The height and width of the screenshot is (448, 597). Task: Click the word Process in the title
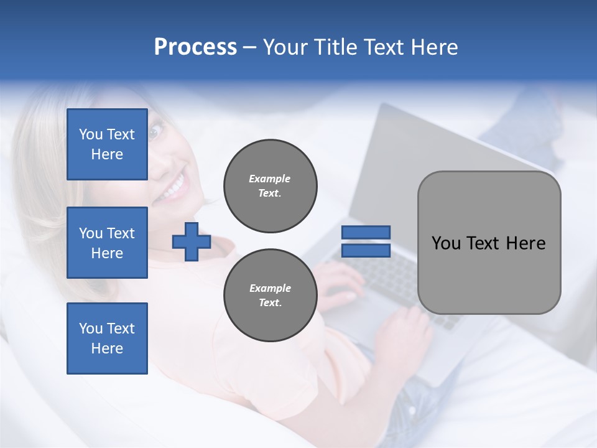point(195,47)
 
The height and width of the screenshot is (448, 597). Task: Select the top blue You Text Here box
point(107,144)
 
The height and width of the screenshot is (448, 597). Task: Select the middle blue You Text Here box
point(107,243)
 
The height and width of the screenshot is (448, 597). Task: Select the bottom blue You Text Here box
point(107,338)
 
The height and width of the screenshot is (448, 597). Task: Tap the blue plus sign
point(192,241)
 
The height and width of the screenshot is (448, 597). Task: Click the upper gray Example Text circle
point(271,185)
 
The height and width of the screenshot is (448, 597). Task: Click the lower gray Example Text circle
point(271,295)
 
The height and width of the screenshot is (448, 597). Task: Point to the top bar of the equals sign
point(366,232)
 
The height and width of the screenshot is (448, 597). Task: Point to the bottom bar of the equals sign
point(366,250)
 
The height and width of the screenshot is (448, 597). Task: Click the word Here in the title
point(435,47)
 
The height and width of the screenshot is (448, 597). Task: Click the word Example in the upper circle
point(269,179)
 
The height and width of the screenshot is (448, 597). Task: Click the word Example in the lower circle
point(270,288)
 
